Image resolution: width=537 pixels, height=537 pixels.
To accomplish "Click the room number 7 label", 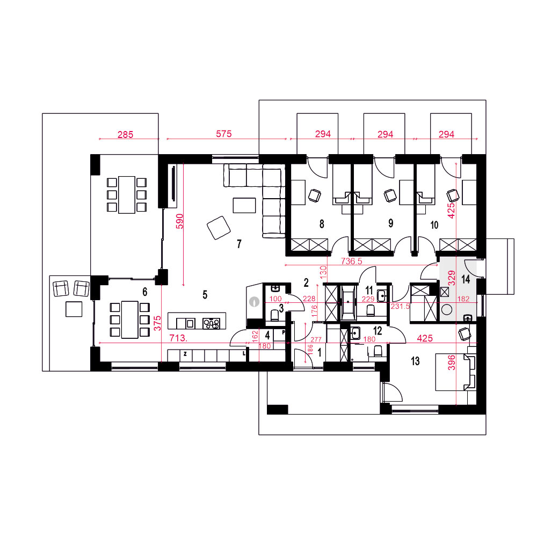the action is pyautogui.click(x=239, y=244).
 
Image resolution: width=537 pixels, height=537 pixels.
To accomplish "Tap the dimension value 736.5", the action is pyautogui.click(x=351, y=262).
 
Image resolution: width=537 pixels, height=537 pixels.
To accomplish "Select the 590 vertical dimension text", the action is pyautogui.click(x=179, y=221).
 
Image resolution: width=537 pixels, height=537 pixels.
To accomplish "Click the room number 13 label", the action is pyautogui.click(x=415, y=361).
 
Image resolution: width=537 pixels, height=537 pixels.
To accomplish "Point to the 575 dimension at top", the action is pyautogui.click(x=223, y=134).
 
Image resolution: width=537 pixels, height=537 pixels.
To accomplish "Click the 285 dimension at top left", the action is pyautogui.click(x=125, y=135).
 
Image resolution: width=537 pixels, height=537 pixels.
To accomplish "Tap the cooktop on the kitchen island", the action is pyautogui.click(x=211, y=323).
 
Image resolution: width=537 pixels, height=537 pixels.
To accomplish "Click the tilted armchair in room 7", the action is pyautogui.click(x=219, y=227).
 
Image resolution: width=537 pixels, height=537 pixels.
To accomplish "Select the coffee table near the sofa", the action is pyautogui.click(x=244, y=206).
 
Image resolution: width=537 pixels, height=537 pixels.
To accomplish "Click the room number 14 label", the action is pyautogui.click(x=466, y=279).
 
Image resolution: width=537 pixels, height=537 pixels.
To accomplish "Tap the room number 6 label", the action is pyautogui.click(x=145, y=292).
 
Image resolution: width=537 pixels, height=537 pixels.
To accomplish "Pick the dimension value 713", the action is pyautogui.click(x=178, y=338).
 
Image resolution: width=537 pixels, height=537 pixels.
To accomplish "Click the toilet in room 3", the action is pyautogui.click(x=274, y=315).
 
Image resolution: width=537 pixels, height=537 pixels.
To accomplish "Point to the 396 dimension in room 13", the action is pyautogui.click(x=452, y=362).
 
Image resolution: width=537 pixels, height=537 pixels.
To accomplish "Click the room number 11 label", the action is pyautogui.click(x=369, y=291).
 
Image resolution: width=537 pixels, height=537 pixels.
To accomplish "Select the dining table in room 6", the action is pyautogui.click(x=130, y=320).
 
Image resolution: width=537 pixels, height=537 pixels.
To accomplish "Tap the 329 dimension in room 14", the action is pyautogui.click(x=452, y=278).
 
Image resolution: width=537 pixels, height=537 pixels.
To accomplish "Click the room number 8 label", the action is pyautogui.click(x=322, y=224).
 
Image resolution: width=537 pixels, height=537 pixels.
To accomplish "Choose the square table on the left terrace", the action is pyautogui.click(x=74, y=309).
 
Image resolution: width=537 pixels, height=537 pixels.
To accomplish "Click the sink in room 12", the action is pyautogui.click(x=355, y=333).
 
